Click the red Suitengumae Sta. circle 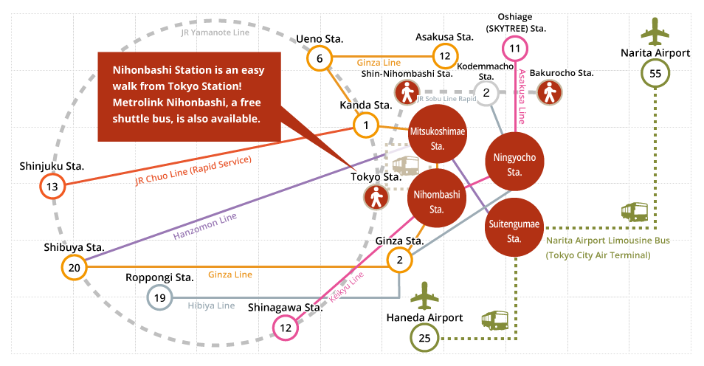[514, 227]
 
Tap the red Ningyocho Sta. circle [514, 162]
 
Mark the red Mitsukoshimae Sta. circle [438, 134]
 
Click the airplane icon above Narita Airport [655, 32]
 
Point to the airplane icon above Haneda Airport [425, 297]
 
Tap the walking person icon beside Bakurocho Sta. [550, 93]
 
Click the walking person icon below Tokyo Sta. [376, 198]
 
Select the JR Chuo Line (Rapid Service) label [193, 170]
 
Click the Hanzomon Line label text [205, 227]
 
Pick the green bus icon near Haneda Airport [494, 320]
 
